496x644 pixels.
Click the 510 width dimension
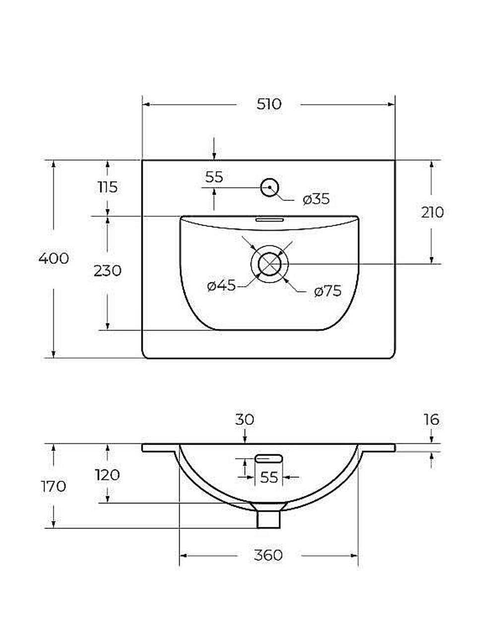[x=269, y=104]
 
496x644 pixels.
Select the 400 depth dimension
[x=54, y=258]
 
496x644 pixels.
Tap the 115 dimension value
[x=108, y=187]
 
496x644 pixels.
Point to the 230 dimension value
[x=108, y=271]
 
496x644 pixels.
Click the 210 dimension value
[x=432, y=212]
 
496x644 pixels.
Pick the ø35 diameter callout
[x=316, y=199]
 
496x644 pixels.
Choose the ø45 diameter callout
[x=222, y=286]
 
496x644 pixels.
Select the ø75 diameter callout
[x=328, y=292]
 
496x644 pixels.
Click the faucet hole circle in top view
[x=270, y=187]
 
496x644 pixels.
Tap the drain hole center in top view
[x=269, y=264]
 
